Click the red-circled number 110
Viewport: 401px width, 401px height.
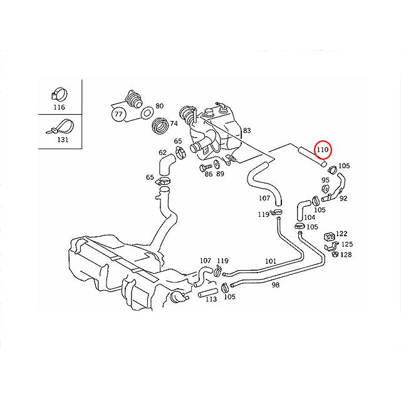[322, 150]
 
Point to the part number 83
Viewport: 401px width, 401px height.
[247, 130]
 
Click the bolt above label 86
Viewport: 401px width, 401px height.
[205, 169]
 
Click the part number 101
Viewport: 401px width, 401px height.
[270, 261]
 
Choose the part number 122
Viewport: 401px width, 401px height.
[341, 234]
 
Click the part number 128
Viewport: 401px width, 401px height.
[346, 254]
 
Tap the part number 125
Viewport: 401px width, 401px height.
[346, 244]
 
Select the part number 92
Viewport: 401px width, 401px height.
[343, 198]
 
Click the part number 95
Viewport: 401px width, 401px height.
[325, 179]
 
